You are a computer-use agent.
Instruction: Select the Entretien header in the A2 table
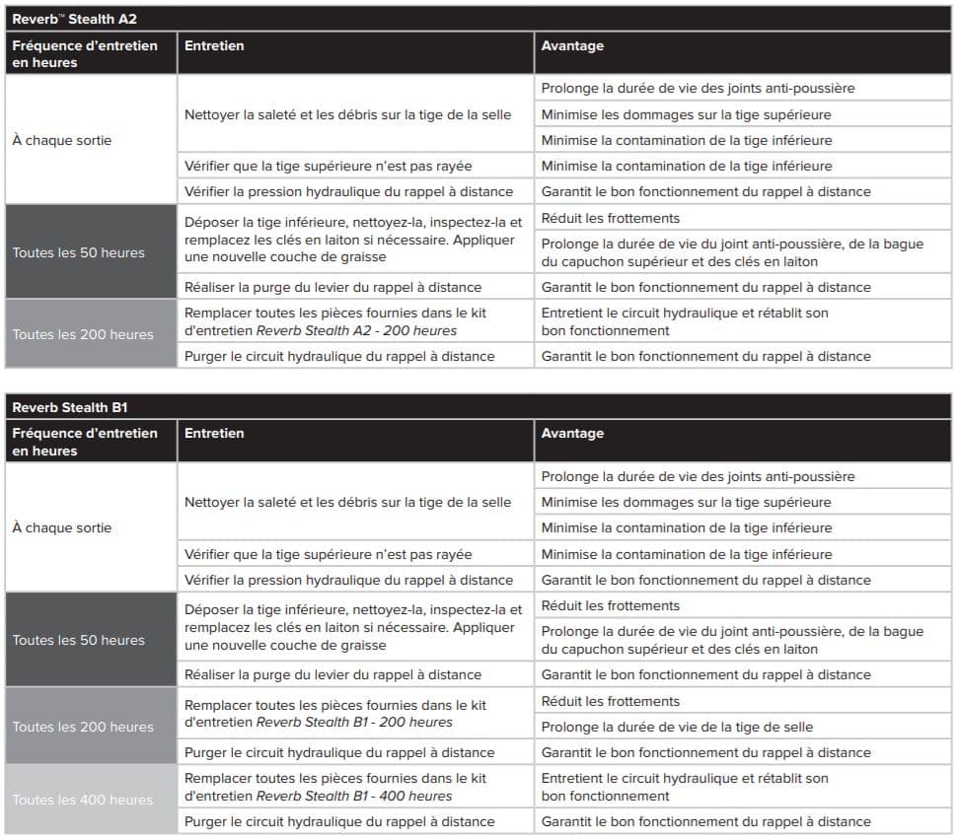tap(214, 45)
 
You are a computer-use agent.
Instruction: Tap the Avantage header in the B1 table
tap(572, 433)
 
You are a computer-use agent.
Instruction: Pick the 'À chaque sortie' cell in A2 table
tap(62, 140)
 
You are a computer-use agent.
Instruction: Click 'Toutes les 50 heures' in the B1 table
tap(79, 640)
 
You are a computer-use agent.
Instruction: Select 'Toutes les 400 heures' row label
tap(83, 800)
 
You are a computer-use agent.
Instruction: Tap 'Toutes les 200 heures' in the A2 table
tap(83, 334)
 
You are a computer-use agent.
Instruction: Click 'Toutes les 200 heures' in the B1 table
tap(83, 727)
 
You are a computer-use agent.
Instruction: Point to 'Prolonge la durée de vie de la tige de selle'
tap(677, 727)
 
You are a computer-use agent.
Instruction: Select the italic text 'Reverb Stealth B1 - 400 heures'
tap(354, 796)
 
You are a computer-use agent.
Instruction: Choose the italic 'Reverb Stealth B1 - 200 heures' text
tap(354, 723)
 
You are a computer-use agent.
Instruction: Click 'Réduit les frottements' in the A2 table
tap(610, 218)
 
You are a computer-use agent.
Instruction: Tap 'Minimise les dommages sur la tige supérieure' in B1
tap(686, 502)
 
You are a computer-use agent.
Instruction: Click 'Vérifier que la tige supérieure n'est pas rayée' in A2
tap(328, 166)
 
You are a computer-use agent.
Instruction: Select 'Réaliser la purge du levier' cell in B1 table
tap(332, 674)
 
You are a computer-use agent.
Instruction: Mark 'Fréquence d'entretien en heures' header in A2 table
tap(85, 53)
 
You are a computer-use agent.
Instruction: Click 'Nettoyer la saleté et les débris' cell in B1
tap(347, 502)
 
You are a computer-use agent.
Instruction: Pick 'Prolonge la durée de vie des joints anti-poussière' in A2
tap(698, 88)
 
